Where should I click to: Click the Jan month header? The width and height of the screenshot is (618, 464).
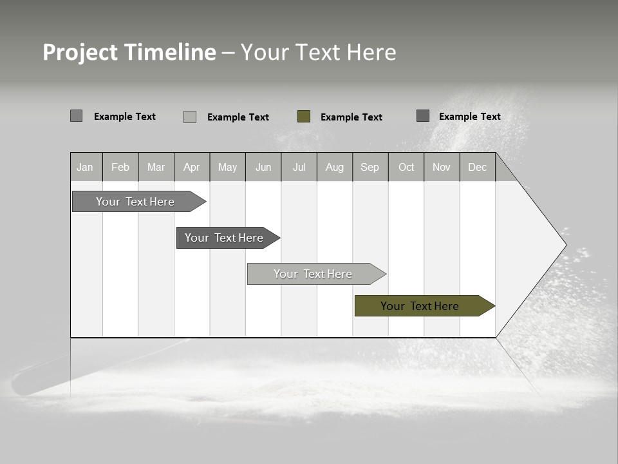point(85,168)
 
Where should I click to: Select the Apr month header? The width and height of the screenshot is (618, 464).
point(191,168)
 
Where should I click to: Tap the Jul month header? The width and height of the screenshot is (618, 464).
point(299,168)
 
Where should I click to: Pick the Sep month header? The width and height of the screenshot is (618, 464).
point(370,168)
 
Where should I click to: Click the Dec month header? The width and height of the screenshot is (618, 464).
point(477,168)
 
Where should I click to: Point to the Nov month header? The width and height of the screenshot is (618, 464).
point(441,168)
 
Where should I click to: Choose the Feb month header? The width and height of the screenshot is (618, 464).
point(120,168)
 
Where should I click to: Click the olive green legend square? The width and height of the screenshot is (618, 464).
point(304,116)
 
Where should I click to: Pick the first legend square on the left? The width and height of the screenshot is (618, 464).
point(76,116)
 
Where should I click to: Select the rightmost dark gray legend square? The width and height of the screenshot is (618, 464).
point(423,115)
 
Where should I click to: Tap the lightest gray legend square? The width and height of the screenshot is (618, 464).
point(190,117)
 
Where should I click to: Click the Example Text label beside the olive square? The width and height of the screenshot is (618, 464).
point(351,117)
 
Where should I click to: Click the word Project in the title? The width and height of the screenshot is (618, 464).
point(80,52)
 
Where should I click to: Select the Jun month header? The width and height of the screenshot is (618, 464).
point(263,168)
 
